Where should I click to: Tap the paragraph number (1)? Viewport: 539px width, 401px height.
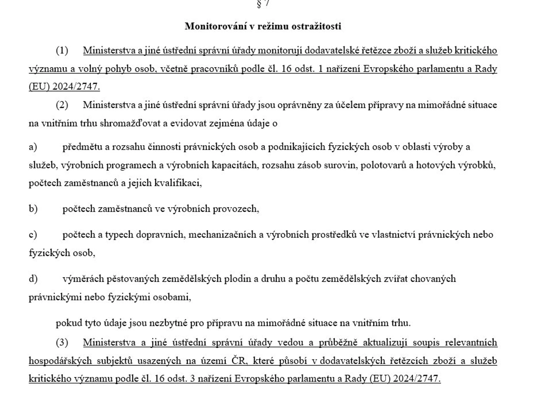point(62,51)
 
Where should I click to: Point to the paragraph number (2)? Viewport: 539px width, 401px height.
point(62,105)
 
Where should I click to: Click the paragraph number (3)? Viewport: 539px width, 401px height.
point(62,342)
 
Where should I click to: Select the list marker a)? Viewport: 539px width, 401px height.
point(33,147)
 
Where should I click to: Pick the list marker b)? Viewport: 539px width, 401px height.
point(33,209)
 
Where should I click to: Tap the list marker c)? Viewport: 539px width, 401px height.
point(33,235)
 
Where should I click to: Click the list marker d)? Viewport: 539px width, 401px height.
point(33,279)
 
